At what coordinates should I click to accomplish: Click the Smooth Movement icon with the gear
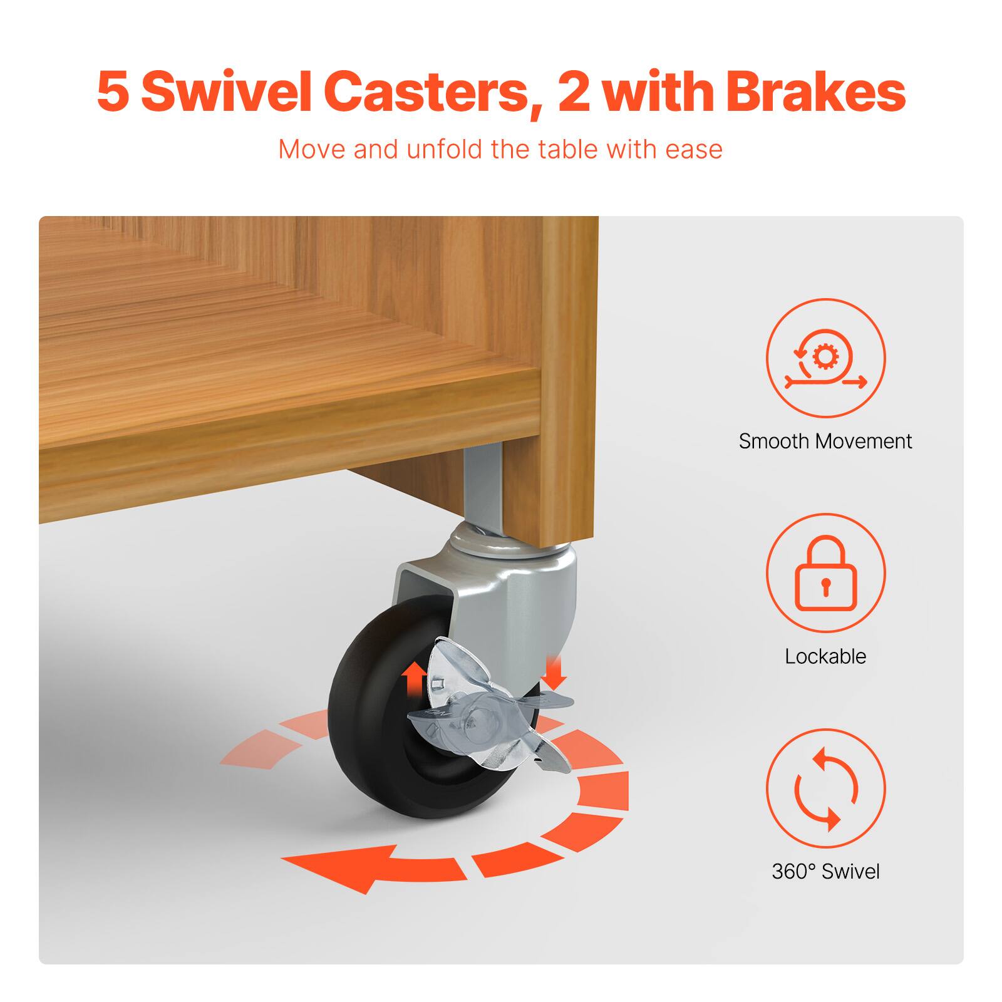click(825, 358)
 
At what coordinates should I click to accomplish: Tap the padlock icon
click(825, 573)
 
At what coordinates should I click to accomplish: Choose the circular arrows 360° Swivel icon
click(825, 788)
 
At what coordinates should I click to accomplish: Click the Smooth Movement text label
click(825, 442)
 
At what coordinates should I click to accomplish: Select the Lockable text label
click(825, 656)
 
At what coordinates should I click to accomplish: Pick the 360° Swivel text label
click(825, 871)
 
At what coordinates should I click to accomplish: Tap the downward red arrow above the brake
click(555, 671)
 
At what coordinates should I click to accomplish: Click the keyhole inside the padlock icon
click(825, 584)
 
